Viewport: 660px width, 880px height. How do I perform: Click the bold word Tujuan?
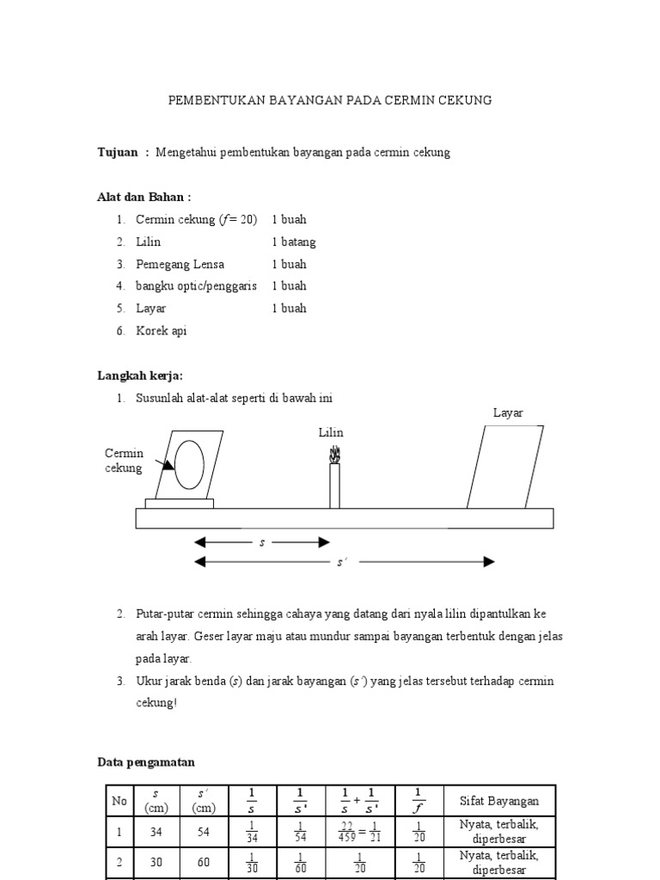tap(118, 152)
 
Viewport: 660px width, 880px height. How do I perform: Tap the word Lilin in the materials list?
tap(148, 242)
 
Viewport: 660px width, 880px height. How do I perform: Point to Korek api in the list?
tap(161, 331)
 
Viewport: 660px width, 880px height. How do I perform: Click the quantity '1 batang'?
tap(294, 242)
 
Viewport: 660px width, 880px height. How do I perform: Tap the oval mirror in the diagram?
tap(189, 465)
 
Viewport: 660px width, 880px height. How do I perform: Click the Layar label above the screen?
tap(507, 413)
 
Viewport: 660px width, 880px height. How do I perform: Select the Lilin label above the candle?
tap(331, 432)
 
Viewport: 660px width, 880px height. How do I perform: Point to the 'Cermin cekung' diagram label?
tap(125, 461)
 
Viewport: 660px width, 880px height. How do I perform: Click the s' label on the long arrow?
tap(341, 563)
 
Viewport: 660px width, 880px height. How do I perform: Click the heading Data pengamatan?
tap(145, 762)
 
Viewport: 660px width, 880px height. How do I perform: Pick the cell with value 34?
tap(156, 832)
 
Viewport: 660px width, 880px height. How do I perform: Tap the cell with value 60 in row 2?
tap(204, 863)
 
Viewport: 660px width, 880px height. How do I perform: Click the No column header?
tap(119, 801)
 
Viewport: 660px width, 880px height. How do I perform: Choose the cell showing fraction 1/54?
tap(301, 832)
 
